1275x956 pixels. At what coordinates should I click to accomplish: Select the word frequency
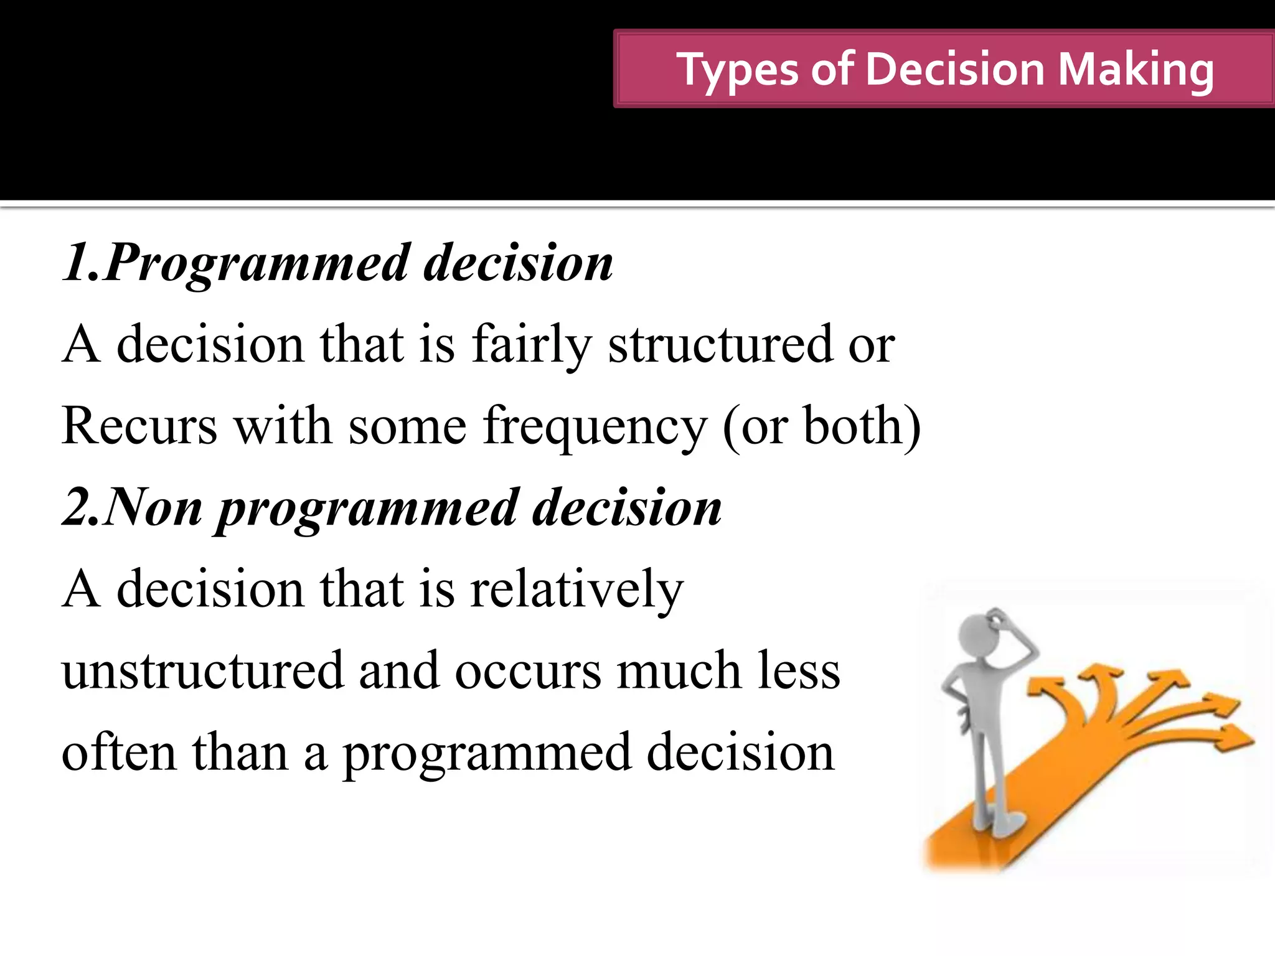595,427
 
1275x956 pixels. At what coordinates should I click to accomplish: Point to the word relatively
576,589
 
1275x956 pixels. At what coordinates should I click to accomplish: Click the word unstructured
203,671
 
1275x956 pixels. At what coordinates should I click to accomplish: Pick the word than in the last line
240,752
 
